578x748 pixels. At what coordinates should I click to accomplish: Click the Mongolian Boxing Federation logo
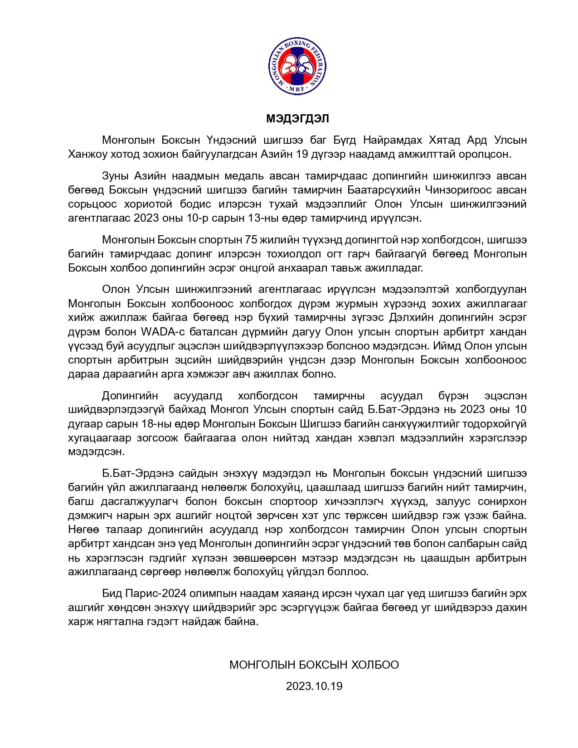point(298,67)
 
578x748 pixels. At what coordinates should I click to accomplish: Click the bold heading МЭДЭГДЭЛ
point(297,119)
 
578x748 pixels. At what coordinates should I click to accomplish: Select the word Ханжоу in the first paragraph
point(87,154)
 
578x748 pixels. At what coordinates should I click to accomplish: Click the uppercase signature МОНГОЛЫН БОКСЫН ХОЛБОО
point(314,665)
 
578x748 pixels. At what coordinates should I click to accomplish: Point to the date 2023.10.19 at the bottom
point(314,686)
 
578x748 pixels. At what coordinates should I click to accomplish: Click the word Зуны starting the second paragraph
point(115,175)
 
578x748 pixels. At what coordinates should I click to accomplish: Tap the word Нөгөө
point(83,529)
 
